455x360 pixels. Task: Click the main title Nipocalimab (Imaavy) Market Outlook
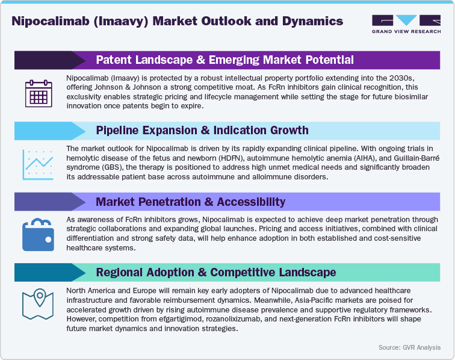[x=178, y=22]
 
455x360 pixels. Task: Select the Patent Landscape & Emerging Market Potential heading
[x=224, y=60]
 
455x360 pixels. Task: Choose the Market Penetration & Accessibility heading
[x=191, y=201]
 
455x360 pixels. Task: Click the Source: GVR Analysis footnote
[x=409, y=347]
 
